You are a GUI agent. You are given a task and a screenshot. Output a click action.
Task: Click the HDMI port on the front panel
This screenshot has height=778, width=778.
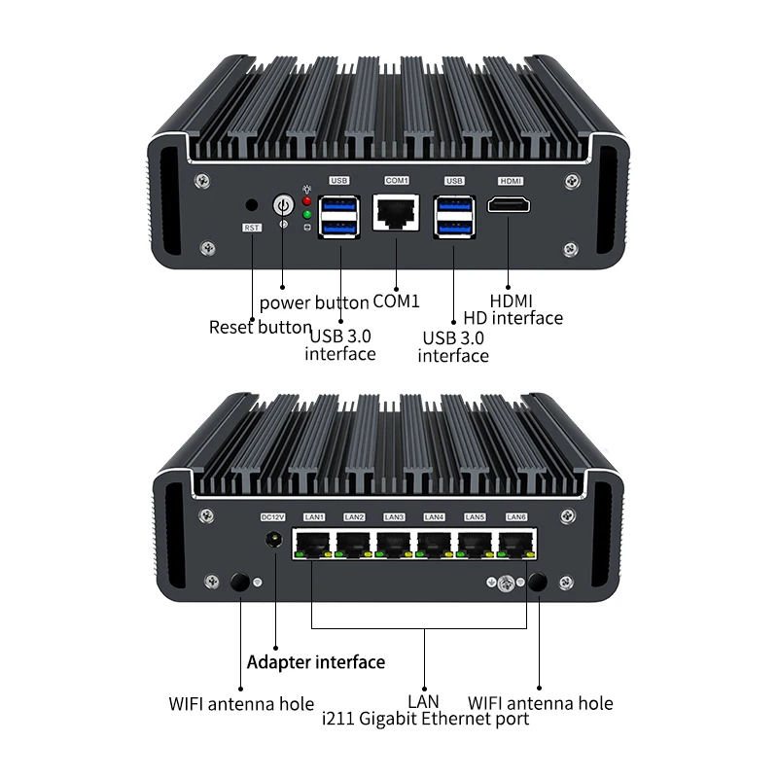tap(510, 205)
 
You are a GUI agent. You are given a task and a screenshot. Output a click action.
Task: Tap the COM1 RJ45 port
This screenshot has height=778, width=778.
tap(397, 211)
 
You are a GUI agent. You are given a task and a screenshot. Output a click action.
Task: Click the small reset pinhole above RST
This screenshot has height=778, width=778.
tap(253, 205)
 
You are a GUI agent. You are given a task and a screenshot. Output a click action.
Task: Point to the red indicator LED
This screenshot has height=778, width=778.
tap(307, 198)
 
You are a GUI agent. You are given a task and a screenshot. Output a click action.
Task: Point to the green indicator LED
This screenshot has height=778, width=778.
tap(307, 214)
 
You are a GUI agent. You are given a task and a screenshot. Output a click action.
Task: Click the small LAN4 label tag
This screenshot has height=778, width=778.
tap(435, 516)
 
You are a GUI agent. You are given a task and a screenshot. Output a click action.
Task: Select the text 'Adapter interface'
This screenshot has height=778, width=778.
tap(316, 662)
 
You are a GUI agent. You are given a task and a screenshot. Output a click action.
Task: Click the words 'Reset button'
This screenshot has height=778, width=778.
tap(260, 327)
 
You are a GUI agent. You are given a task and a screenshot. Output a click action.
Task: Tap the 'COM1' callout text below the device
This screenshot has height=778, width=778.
tap(398, 301)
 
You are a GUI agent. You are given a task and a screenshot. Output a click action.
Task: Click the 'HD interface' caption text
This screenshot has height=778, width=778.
tap(513, 318)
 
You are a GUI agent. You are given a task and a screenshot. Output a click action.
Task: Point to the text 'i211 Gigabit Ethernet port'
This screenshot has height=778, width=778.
tap(425, 719)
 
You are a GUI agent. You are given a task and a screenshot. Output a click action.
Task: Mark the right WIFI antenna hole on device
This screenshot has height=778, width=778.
tap(538, 583)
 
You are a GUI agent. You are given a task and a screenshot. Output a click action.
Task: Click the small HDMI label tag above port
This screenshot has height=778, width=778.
tap(510, 181)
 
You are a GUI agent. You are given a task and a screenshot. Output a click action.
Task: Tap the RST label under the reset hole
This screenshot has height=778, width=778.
tap(252, 228)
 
